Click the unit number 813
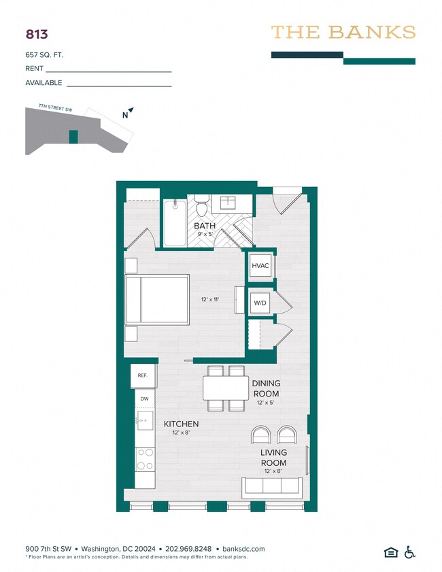(x=36, y=33)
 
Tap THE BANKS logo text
(x=343, y=32)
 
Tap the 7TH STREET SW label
(x=55, y=107)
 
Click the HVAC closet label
(x=261, y=266)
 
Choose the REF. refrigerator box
(x=143, y=375)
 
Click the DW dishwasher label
(x=144, y=399)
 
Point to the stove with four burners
(x=145, y=459)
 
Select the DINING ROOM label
(x=266, y=388)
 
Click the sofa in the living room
(x=273, y=488)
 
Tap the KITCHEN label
(x=182, y=424)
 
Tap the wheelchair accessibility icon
(x=410, y=552)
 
